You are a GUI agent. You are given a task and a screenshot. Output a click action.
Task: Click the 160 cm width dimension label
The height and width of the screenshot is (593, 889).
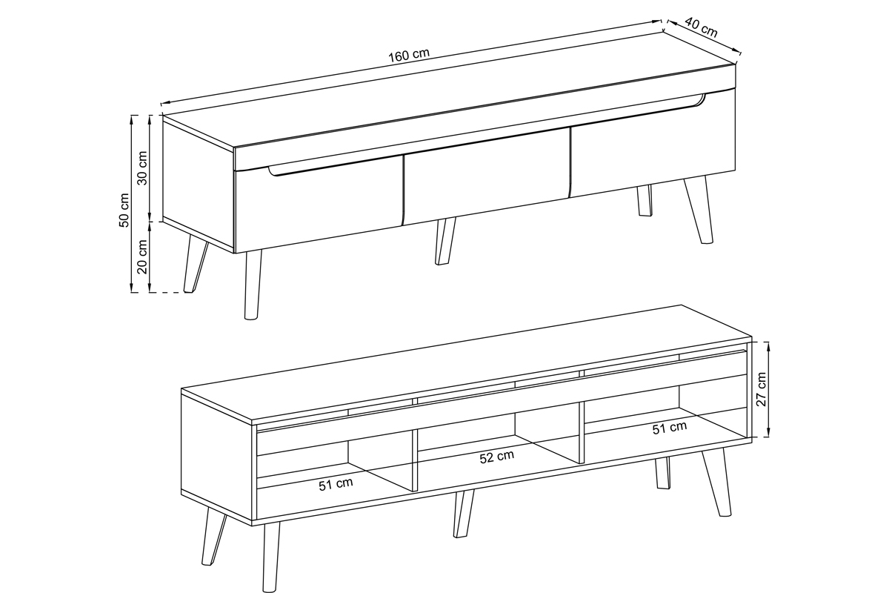pyautogui.click(x=409, y=55)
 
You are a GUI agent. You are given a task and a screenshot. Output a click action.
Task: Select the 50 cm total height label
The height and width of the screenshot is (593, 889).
pyautogui.click(x=124, y=210)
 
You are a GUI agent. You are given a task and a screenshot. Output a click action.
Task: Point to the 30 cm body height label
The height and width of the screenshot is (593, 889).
pyautogui.click(x=142, y=168)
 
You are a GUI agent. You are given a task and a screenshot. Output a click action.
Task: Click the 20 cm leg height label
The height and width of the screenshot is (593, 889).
pyautogui.click(x=142, y=256)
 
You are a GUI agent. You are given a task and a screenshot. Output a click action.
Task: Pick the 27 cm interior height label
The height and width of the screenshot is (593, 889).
pyautogui.click(x=762, y=389)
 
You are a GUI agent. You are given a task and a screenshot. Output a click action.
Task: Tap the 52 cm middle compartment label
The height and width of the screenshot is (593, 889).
pyautogui.click(x=497, y=457)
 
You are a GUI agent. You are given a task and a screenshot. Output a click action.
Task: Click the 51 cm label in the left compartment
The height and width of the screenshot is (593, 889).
pyautogui.click(x=336, y=484)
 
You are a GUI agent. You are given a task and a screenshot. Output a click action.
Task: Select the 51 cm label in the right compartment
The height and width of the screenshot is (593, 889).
pyautogui.click(x=670, y=428)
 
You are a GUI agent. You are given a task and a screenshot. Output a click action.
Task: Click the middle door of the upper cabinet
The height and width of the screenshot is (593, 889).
pyautogui.click(x=487, y=176)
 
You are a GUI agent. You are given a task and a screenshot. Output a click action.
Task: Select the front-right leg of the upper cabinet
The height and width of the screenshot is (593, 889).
pyautogui.click(x=699, y=209)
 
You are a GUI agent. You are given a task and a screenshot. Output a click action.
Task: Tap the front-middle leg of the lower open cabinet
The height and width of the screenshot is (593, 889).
pyautogui.click(x=464, y=514)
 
